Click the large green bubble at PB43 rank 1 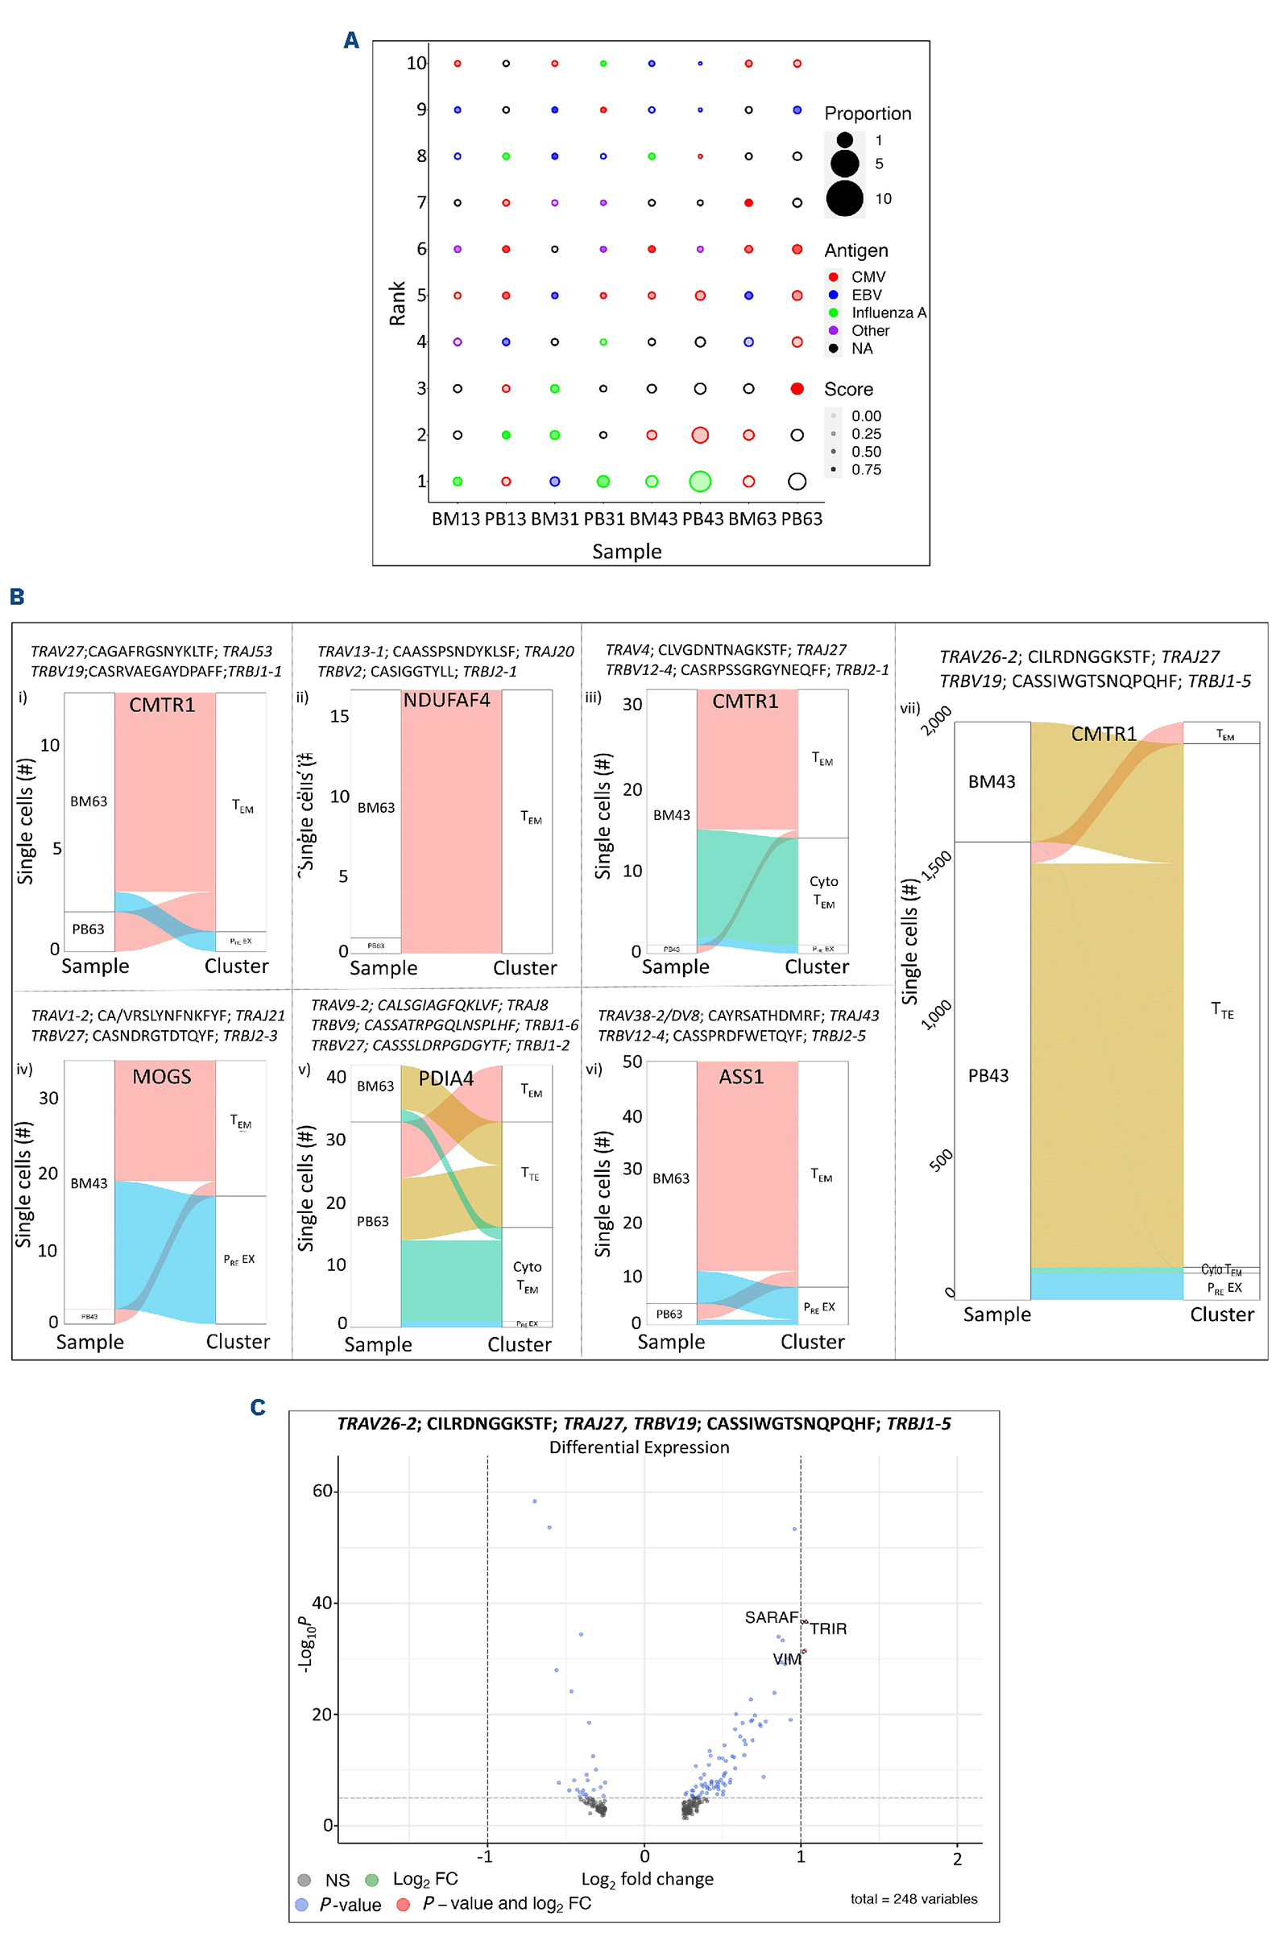coord(699,481)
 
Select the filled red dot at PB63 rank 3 coord(797,388)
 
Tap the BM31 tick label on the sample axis coord(554,519)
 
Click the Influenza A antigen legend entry coord(889,312)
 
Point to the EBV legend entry coord(866,295)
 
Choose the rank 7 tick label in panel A coord(421,202)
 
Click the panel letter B coord(17,597)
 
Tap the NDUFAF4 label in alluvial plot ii coord(446,701)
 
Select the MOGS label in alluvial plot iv coord(162,1077)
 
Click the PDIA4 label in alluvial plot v coord(445,1078)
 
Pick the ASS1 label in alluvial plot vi coord(741,1077)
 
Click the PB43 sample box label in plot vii coord(988,1075)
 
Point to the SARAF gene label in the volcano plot coord(771,1617)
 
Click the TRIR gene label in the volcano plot coord(828,1629)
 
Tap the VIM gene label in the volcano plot coord(787,1658)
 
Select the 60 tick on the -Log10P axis coord(322,1491)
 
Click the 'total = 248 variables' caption coord(913,1898)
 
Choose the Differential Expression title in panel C coord(639,1447)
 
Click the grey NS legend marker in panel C coord(304,1880)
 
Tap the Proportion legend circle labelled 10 coord(845,198)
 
